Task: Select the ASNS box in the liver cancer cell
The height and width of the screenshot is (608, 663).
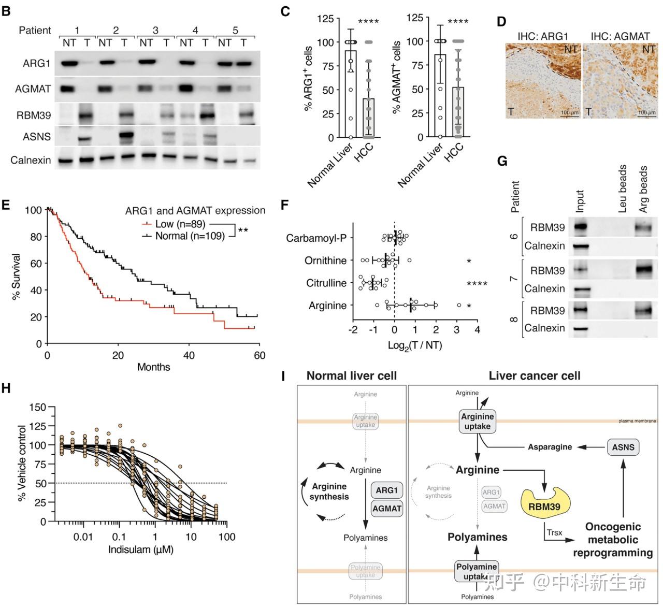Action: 623,447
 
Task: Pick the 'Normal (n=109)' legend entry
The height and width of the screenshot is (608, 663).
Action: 190,236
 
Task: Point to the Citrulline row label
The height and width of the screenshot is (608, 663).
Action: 326,283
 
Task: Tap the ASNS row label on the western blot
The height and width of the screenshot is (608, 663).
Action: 36,137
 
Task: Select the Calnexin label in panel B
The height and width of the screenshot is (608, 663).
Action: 31,160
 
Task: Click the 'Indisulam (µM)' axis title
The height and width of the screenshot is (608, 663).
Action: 140,549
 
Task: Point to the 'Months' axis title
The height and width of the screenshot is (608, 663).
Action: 153,367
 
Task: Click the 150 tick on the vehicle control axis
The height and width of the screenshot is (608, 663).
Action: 38,407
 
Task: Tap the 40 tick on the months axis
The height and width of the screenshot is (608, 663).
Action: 189,355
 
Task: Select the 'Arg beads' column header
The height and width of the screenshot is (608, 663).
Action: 644,190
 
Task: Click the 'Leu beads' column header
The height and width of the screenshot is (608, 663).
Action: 623,190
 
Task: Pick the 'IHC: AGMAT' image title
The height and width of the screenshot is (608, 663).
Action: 620,36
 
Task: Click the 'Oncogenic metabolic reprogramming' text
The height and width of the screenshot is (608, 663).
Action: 613,540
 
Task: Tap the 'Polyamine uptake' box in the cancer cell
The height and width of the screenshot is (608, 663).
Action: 477,571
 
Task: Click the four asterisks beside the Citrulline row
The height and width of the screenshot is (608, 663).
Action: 477,284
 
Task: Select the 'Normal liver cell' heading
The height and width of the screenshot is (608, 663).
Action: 351,376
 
